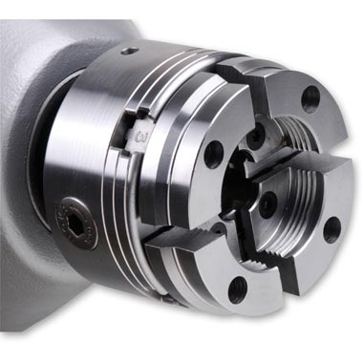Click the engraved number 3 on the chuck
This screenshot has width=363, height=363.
point(140,137)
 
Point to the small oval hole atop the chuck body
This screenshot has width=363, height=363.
point(131,51)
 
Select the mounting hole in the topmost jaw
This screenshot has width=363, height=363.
point(310,98)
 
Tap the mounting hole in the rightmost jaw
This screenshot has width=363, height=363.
point(331,230)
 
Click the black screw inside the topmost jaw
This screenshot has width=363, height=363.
point(256,136)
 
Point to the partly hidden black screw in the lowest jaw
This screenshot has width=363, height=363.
point(220,228)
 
